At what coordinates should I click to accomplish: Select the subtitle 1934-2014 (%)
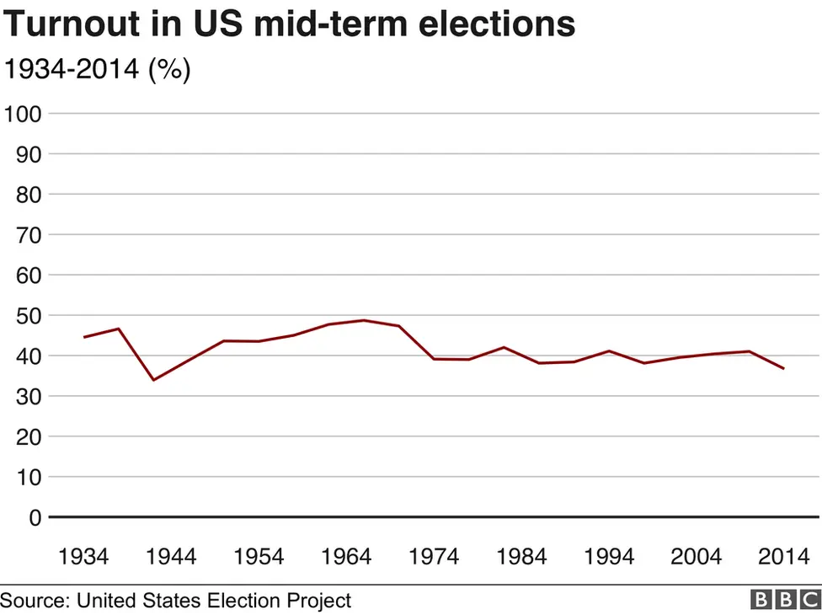[x=97, y=70]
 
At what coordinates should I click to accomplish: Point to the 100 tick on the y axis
[x=23, y=114]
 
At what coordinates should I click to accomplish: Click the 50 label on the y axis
[x=29, y=316]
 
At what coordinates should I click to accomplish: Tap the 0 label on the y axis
[x=35, y=518]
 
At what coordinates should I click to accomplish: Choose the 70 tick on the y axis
[x=29, y=235]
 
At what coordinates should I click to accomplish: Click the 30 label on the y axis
[x=29, y=397]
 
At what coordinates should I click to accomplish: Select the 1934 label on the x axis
[x=83, y=557]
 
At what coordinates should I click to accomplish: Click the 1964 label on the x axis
[x=346, y=557]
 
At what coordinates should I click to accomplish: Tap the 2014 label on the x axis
[x=784, y=557]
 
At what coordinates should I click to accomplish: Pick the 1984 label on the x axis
[x=521, y=557]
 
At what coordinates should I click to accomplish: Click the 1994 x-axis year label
[x=609, y=557]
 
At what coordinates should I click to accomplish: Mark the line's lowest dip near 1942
[x=153, y=380]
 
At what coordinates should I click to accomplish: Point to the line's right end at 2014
[x=784, y=368]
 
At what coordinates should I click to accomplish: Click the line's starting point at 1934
[x=83, y=337]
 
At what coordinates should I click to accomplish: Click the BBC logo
[x=784, y=600]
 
